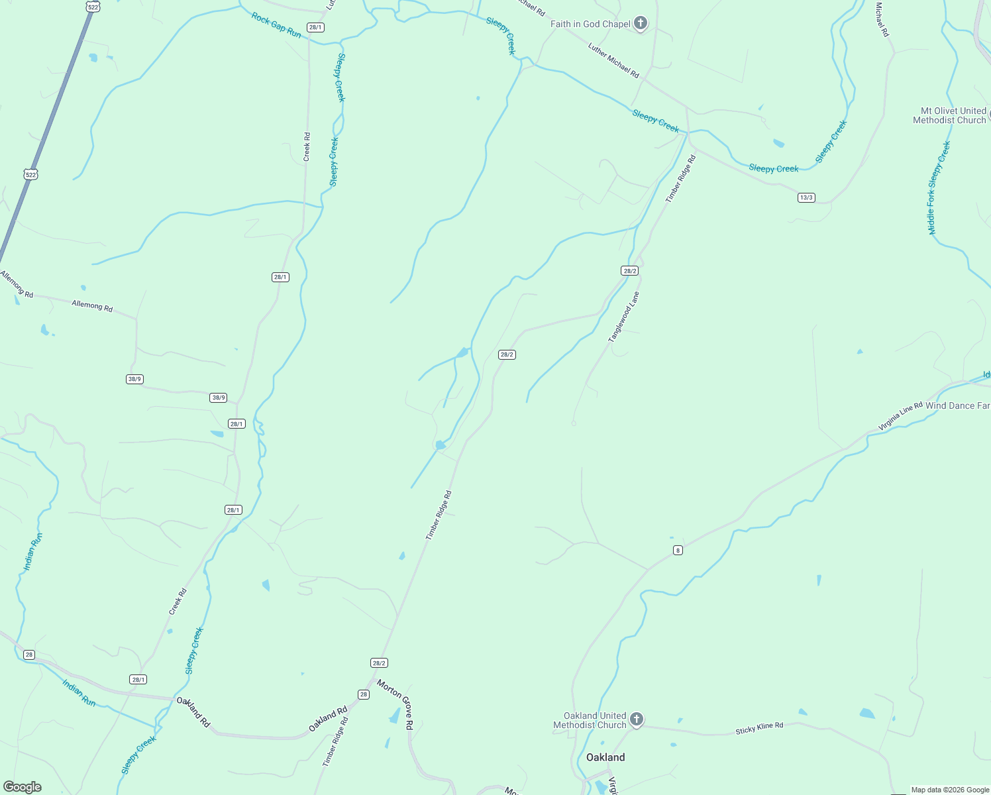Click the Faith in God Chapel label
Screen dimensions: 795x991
(590, 24)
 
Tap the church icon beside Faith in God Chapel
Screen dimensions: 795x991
(640, 24)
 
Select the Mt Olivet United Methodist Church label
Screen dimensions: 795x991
(949, 115)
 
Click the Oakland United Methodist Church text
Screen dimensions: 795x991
(590, 720)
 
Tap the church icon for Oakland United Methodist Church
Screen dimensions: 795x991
(636, 719)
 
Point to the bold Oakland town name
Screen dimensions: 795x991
(605, 757)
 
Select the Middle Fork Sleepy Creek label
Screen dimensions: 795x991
(939, 188)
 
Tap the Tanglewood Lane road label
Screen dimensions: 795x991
(624, 317)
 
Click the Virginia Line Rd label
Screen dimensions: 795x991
(900, 417)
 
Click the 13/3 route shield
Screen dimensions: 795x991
(806, 197)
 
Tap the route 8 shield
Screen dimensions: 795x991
(678, 550)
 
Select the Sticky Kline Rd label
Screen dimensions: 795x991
(759, 728)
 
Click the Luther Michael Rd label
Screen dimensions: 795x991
(613, 60)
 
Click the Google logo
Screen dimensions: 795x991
(22, 787)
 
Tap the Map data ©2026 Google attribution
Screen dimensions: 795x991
(950, 790)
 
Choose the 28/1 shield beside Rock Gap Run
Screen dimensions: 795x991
(315, 27)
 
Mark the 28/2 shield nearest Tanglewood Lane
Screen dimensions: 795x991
(629, 270)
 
